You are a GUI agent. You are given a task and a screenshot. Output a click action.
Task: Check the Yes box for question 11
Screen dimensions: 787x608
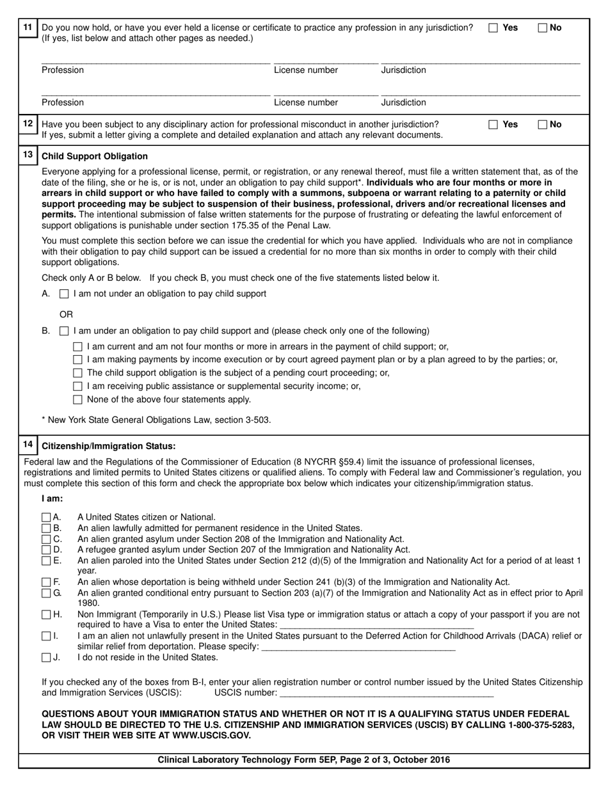coord(493,28)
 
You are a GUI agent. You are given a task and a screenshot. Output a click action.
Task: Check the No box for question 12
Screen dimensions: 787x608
coord(543,125)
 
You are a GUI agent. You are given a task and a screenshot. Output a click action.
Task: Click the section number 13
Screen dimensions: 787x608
coord(28,155)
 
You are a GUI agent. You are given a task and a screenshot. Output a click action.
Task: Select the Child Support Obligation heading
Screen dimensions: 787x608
coord(95,156)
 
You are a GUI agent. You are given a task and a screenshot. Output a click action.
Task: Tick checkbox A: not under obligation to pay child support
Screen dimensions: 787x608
coord(64,294)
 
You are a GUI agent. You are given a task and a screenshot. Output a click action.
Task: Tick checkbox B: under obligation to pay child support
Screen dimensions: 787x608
coord(64,331)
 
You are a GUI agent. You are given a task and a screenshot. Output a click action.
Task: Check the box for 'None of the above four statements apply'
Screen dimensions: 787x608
coord(78,400)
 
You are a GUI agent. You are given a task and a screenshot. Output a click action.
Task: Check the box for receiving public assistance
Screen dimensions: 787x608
coord(78,386)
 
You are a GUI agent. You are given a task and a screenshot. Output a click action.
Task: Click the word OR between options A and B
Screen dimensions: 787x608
coord(66,314)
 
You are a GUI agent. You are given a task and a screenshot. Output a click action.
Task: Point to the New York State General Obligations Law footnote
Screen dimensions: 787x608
coord(156,420)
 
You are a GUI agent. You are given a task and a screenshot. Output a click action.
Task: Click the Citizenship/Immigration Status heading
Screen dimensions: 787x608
coord(108,446)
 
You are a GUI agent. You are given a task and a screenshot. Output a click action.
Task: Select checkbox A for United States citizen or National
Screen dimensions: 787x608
coord(46,517)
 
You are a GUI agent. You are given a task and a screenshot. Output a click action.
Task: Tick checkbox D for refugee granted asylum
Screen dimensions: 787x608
coord(46,550)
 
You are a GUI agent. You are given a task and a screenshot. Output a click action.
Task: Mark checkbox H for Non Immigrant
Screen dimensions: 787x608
coord(46,615)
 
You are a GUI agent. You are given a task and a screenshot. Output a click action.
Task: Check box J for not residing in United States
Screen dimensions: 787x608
coord(46,657)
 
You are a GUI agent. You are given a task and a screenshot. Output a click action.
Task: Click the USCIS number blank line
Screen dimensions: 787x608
coord(387,693)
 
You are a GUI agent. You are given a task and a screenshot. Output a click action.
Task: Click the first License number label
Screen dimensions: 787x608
coord(306,70)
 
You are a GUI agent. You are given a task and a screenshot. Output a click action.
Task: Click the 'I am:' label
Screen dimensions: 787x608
coord(52,498)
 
